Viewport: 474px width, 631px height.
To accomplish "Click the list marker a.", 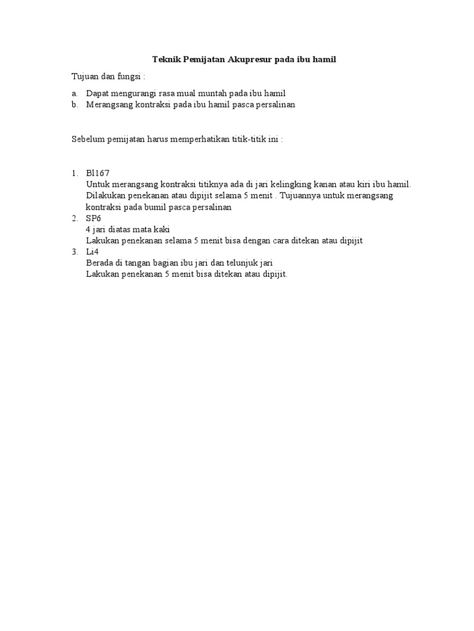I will click(74, 93).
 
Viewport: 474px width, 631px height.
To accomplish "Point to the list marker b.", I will click(74, 105).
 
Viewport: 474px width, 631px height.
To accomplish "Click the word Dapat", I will click(98, 93).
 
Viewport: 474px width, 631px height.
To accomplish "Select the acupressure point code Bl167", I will click(98, 173).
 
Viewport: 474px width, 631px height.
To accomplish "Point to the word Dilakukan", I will click(106, 195).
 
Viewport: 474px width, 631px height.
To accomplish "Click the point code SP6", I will click(93, 218).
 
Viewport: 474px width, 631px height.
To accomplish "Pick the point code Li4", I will click(92, 251).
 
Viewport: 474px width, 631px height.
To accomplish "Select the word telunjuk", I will click(241, 263).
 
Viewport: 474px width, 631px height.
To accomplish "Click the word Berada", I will click(100, 263).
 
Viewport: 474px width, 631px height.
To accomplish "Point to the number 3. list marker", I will click(74, 251).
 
